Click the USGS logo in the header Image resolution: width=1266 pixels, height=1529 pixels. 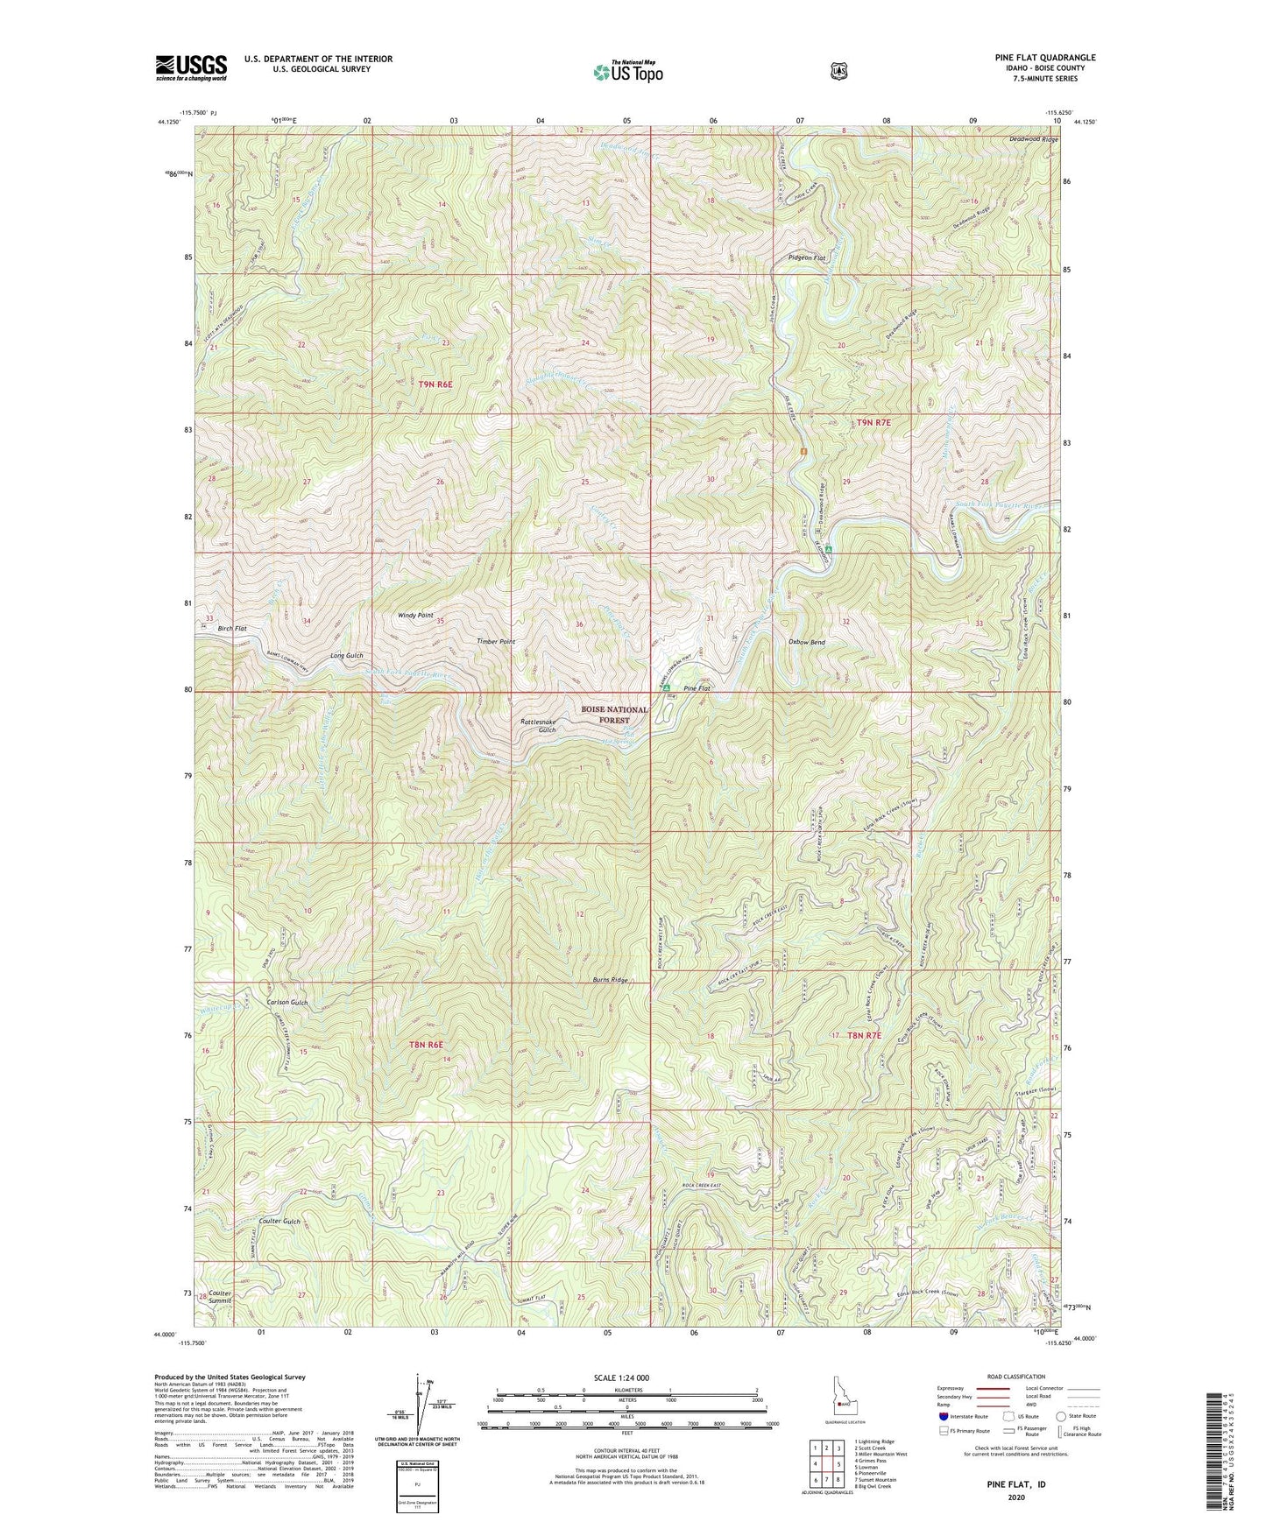point(191,67)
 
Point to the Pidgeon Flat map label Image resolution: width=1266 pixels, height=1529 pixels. point(807,258)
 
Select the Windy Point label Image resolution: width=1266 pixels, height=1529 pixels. point(415,616)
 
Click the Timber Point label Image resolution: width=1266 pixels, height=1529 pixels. point(495,642)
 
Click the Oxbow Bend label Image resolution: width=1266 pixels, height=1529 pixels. point(806,642)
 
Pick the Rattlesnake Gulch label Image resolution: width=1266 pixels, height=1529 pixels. point(538,725)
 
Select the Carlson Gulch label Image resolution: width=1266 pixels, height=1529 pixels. point(287,1002)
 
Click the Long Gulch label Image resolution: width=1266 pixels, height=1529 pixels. point(346,656)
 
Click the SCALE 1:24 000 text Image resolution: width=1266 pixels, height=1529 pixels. point(621,1378)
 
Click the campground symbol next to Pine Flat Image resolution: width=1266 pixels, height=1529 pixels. point(667,689)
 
